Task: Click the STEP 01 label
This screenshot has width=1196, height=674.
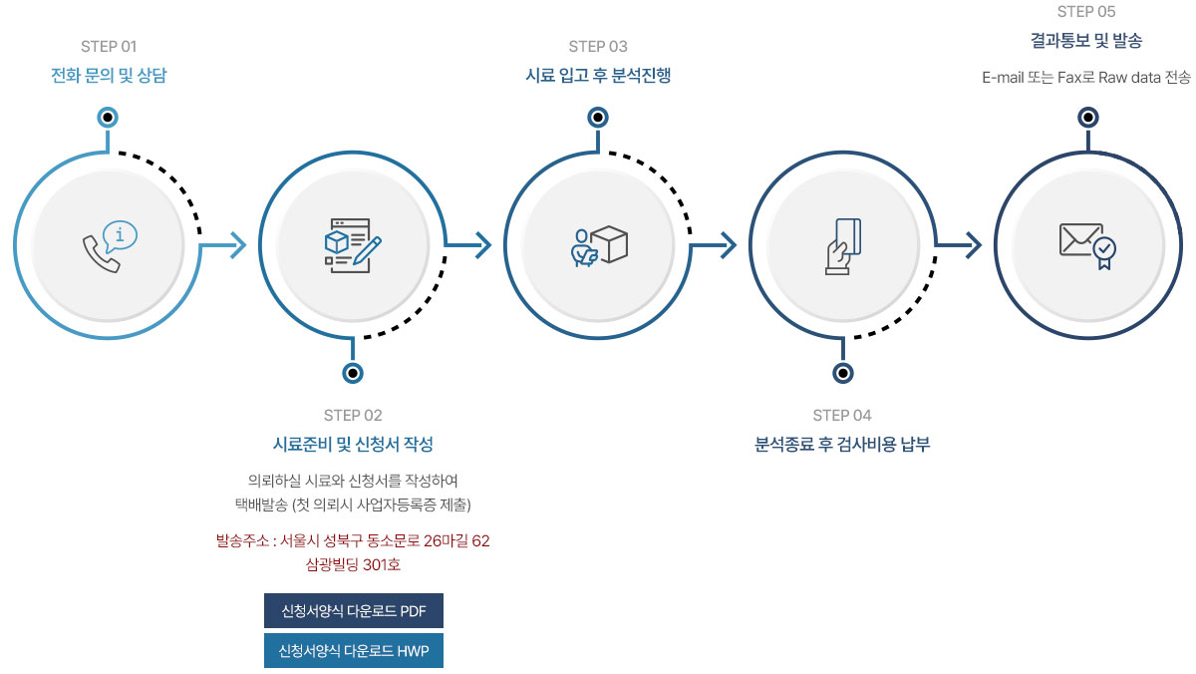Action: (x=109, y=47)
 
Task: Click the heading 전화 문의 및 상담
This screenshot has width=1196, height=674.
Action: (x=109, y=75)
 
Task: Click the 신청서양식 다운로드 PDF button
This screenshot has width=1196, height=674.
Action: (x=354, y=611)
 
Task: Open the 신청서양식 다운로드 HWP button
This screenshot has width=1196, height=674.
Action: (x=354, y=651)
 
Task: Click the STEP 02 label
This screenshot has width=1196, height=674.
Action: (x=353, y=416)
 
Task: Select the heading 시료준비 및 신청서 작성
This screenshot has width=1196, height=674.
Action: (x=353, y=444)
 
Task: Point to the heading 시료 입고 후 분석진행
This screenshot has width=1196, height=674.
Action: (x=598, y=75)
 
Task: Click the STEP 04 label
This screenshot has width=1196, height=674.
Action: (x=842, y=416)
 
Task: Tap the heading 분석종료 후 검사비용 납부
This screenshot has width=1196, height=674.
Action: (x=842, y=444)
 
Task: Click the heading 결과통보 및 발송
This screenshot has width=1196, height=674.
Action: (x=1086, y=41)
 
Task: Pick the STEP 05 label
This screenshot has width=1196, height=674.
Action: (x=1086, y=12)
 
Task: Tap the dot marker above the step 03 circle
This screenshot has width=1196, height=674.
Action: (x=598, y=118)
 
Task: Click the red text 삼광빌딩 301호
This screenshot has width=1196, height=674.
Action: (x=353, y=565)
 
